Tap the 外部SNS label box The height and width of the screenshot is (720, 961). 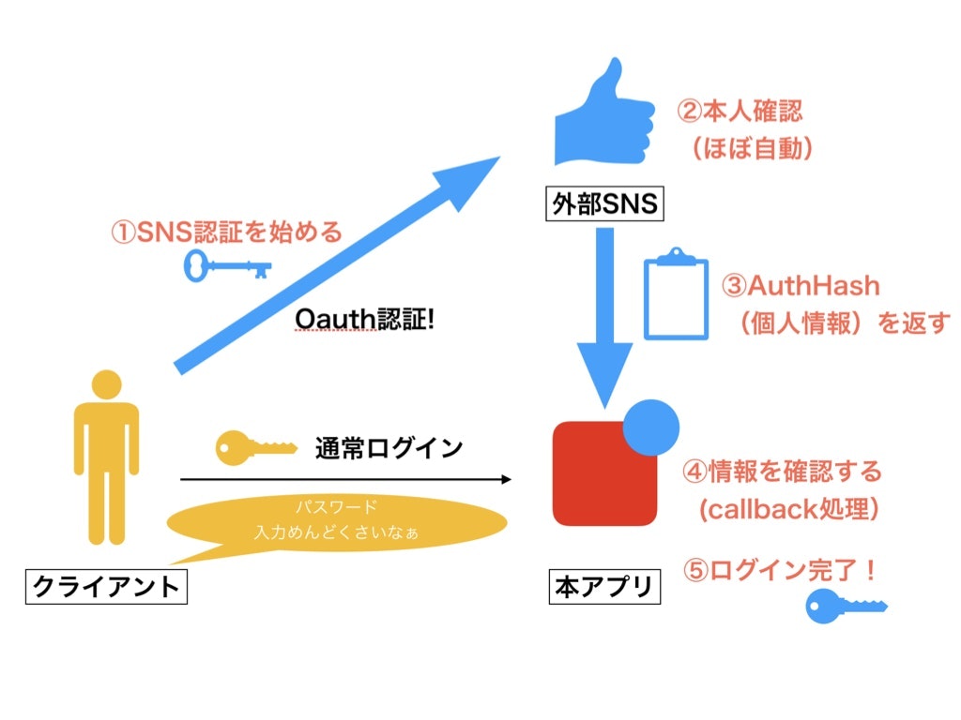[x=605, y=203]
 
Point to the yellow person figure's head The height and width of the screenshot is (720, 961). [x=106, y=386]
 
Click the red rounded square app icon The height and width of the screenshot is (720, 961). [x=601, y=473]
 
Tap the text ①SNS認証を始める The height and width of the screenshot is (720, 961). [x=227, y=231]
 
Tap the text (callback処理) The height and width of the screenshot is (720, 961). [x=788, y=509]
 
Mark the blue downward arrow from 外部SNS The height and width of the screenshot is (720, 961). [x=604, y=314]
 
